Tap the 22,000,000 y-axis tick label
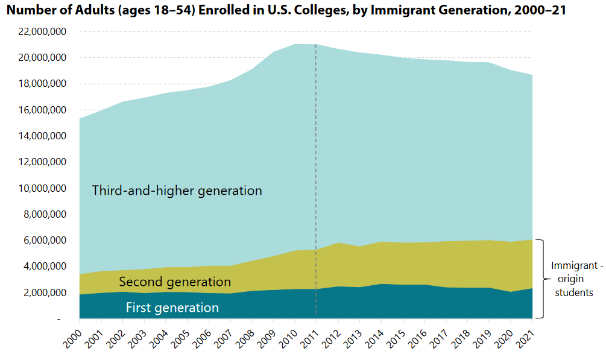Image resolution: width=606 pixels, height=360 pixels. pyautogui.click(x=42, y=31)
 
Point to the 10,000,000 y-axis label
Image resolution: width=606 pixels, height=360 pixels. pyautogui.click(x=42, y=188)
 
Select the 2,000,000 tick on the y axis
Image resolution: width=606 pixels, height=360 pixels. pyautogui.click(x=44, y=292)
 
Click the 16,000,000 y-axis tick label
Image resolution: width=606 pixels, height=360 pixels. pyautogui.click(x=42, y=110)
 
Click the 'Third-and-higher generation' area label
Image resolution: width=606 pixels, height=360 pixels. pyautogui.click(x=177, y=191)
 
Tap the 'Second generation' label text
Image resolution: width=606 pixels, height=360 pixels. pyautogui.click(x=175, y=282)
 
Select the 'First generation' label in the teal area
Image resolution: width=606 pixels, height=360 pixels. pyautogui.click(x=172, y=308)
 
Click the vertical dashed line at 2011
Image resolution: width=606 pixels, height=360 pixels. pyautogui.click(x=316, y=181)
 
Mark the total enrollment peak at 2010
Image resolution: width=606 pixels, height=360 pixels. pyautogui.click(x=295, y=44)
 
